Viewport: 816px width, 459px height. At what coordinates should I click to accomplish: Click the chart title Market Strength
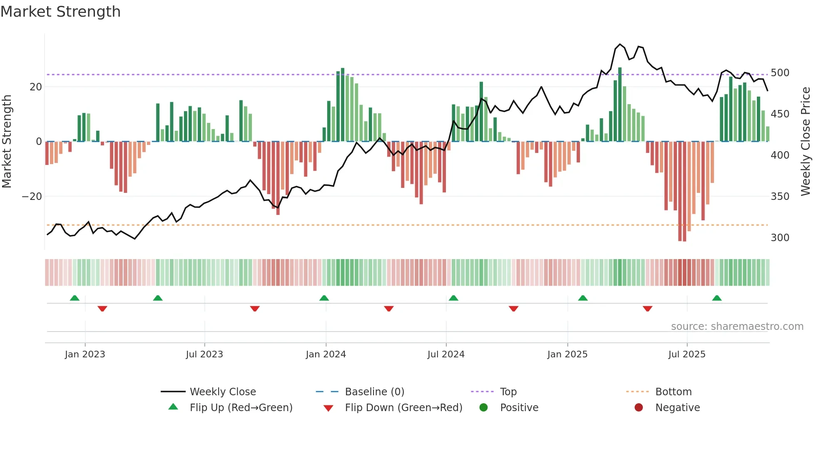tap(60, 12)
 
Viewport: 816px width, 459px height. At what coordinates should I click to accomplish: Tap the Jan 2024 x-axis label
tap(326, 354)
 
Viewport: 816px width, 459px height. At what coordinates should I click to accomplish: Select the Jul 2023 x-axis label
tap(204, 354)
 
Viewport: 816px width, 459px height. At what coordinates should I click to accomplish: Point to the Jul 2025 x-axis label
tap(687, 354)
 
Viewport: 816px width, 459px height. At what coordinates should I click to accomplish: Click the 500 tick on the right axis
tap(780, 73)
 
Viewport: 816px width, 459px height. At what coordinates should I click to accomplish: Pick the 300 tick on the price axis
tap(780, 238)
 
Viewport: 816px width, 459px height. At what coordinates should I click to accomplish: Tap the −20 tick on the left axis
tap(32, 197)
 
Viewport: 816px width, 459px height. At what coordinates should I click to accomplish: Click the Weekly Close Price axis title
tap(806, 142)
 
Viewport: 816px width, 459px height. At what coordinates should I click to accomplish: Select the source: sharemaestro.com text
tap(737, 327)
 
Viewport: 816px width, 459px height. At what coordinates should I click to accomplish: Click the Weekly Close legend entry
tap(223, 392)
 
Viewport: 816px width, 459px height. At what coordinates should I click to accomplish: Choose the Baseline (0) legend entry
tap(374, 392)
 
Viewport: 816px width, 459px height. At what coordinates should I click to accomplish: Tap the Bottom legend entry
tap(673, 392)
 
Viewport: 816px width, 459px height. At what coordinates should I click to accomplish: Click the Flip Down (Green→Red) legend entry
tap(403, 408)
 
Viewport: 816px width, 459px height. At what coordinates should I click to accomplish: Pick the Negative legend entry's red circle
tap(639, 408)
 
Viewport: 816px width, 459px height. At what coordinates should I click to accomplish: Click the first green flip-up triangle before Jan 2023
tap(75, 298)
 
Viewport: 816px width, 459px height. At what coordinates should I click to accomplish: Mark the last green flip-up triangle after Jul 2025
tap(716, 298)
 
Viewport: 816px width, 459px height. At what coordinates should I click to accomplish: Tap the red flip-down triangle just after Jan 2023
tap(102, 309)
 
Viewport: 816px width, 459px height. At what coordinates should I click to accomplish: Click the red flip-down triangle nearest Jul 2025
tap(647, 309)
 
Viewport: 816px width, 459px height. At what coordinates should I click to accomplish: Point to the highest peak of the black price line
tap(620, 44)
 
